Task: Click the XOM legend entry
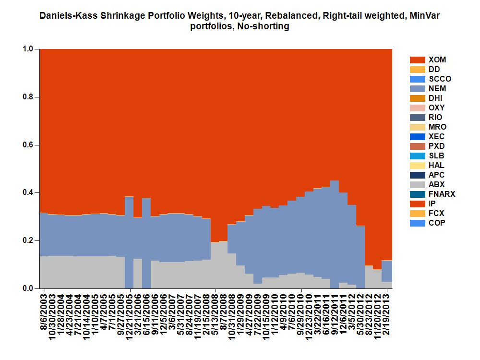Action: pyautogui.click(x=437, y=60)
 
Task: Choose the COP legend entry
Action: pyautogui.click(x=436, y=223)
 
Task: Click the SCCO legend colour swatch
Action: pyautogui.click(x=418, y=79)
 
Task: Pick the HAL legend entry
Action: pyautogui.click(x=436, y=166)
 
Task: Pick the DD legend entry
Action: pyautogui.click(x=434, y=70)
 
